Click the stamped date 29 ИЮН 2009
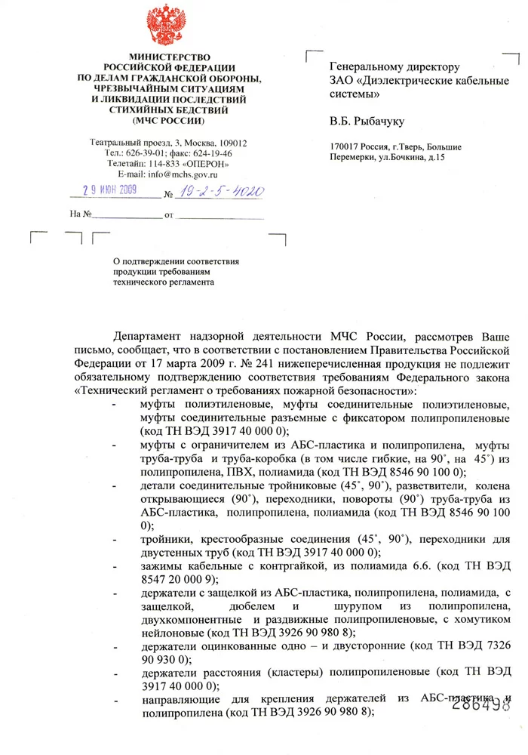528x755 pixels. click(x=109, y=190)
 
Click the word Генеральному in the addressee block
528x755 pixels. click(x=367, y=67)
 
